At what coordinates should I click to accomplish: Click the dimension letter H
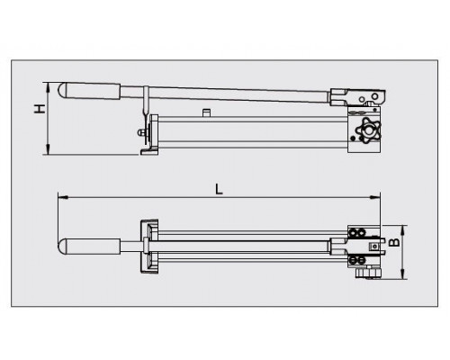pyautogui.click(x=40, y=109)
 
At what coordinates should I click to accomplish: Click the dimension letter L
pyautogui.click(x=220, y=189)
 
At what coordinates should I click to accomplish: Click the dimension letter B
pyautogui.click(x=394, y=242)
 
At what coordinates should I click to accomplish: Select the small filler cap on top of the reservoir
pyautogui.click(x=206, y=113)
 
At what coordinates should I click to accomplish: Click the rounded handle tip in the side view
pyautogui.click(x=62, y=90)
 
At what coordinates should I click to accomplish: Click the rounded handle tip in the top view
pyautogui.click(x=62, y=247)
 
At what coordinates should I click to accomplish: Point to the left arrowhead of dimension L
pyautogui.click(x=62, y=197)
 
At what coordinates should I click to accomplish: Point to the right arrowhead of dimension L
pyautogui.click(x=375, y=197)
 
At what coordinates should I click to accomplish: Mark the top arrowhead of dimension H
pyautogui.click(x=48, y=87)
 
